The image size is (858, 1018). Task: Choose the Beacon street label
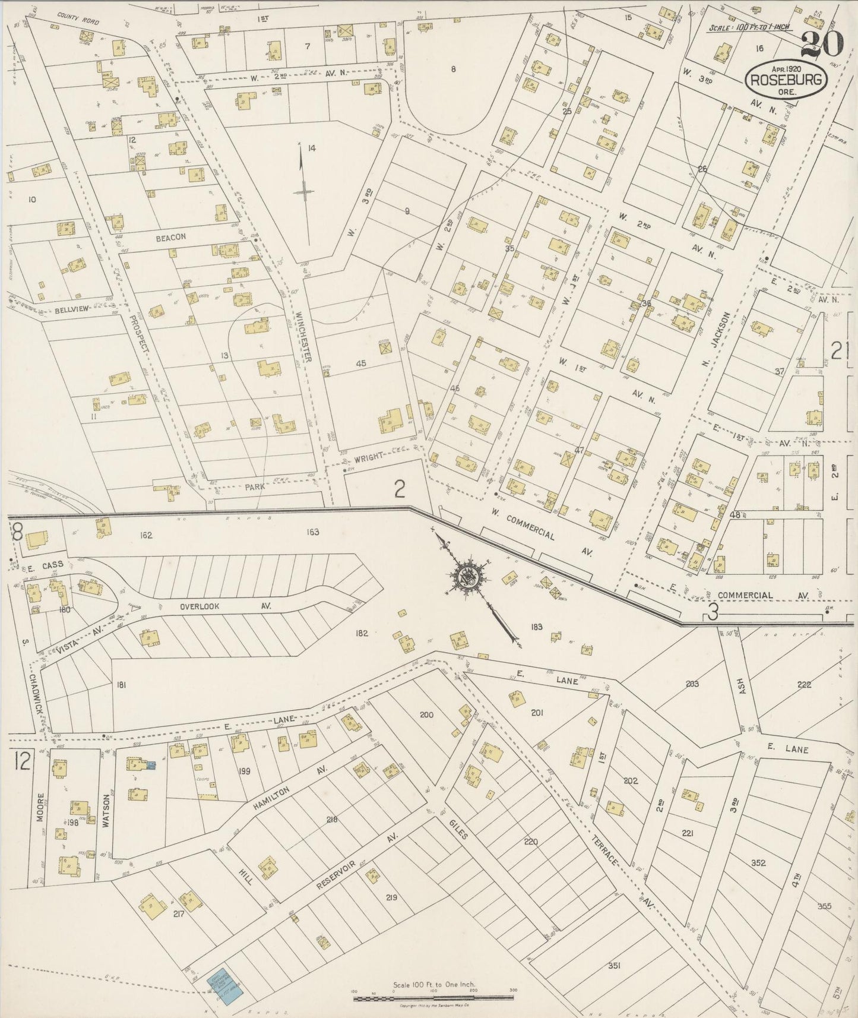[170, 237]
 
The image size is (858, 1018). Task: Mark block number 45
[360, 363]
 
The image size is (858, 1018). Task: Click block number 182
[362, 633]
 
